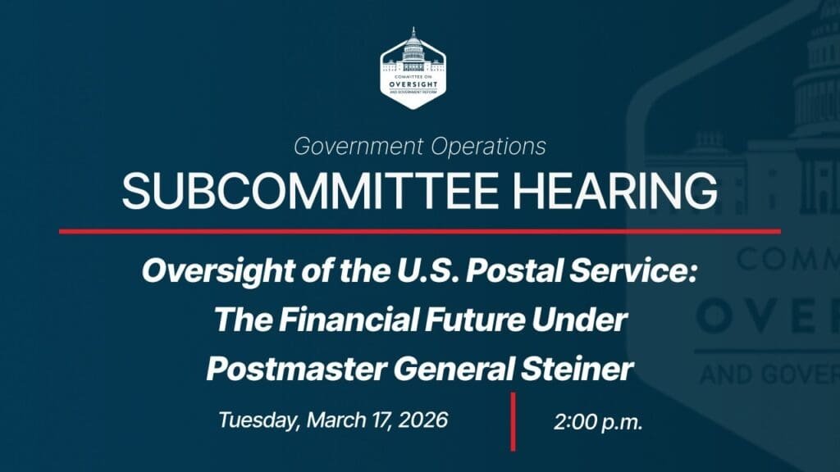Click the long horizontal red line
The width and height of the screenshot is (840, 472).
[419, 231]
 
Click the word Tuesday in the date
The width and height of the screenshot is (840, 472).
[257, 420]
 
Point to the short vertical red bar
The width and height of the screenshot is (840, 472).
[514, 421]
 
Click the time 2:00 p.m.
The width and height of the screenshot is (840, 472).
[598, 423]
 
